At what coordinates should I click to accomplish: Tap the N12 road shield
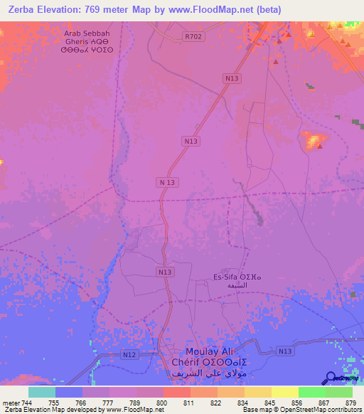(128, 354)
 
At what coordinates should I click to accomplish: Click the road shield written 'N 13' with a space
(166, 183)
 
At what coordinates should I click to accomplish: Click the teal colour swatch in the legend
(42, 392)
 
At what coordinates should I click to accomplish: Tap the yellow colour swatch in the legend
(284, 392)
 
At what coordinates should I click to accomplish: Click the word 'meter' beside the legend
(9, 402)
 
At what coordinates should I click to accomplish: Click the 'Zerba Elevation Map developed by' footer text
(53, 410)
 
